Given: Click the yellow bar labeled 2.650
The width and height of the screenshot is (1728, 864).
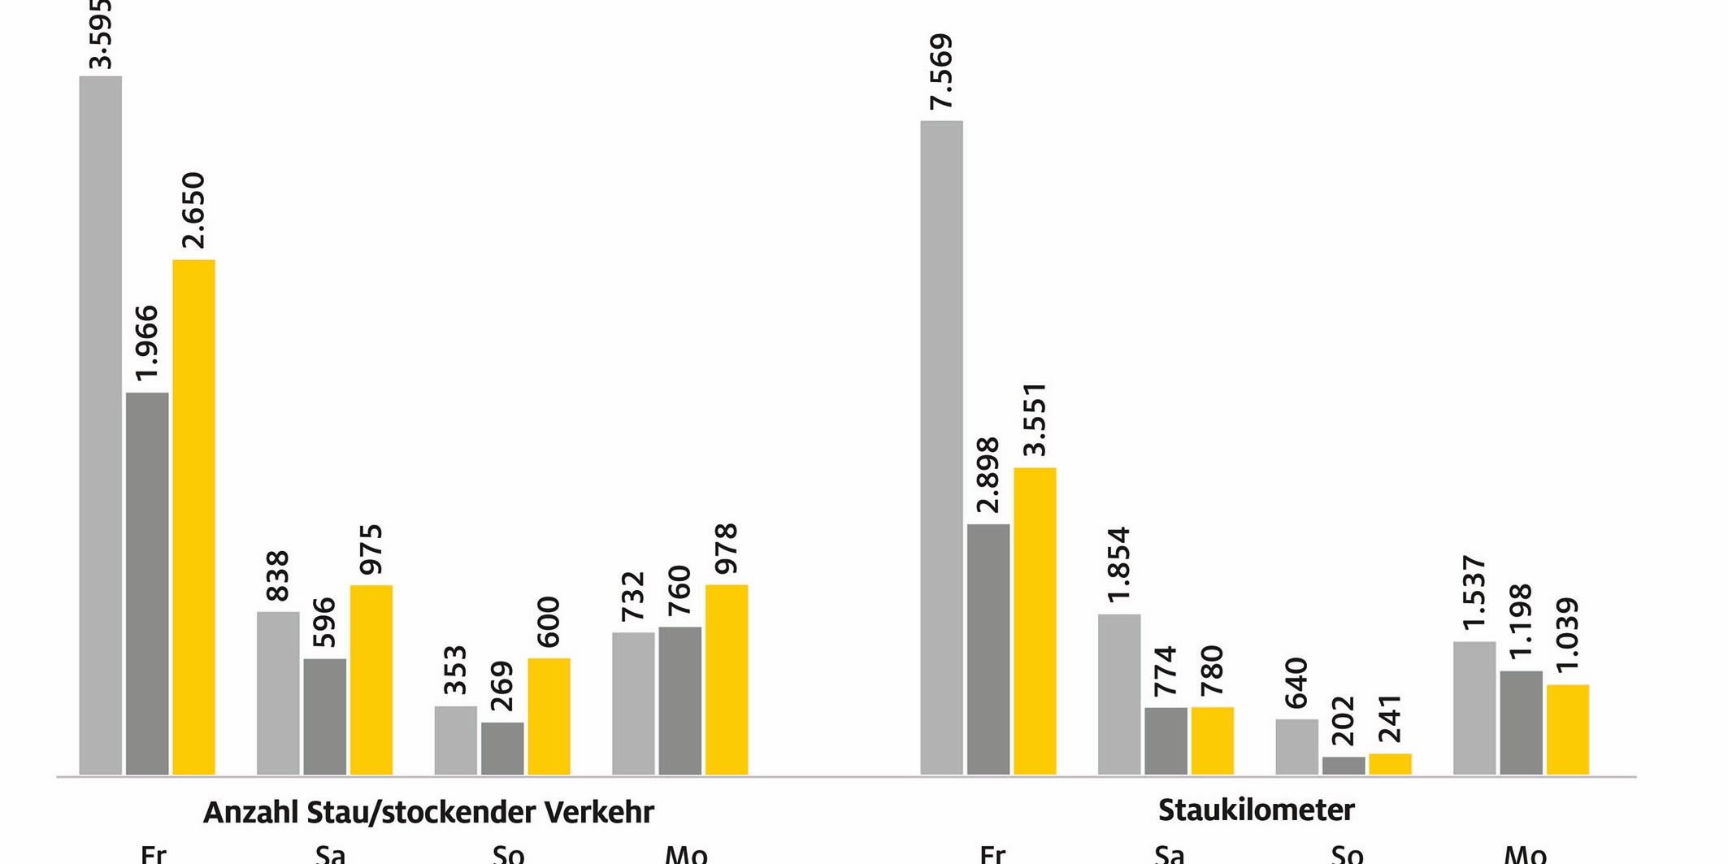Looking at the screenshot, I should pos(193,517).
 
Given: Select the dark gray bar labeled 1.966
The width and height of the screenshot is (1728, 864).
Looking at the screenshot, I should pos(147,584).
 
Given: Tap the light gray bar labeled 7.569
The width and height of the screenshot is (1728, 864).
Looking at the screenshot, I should pos(941,448).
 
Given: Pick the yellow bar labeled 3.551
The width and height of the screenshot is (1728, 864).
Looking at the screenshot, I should pos(1035,621).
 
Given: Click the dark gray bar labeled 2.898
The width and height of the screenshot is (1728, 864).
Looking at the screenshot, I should pos(988,649).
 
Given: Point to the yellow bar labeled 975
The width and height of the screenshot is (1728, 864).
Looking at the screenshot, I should pos(371,679).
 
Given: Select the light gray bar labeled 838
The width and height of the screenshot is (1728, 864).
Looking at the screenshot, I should pos(278,693).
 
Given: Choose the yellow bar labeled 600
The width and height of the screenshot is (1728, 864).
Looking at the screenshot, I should pos(549,716).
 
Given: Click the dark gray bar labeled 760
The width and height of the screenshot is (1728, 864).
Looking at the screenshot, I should pos(679,701).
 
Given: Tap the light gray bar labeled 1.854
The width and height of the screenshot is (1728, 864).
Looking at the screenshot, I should pos(1119,694).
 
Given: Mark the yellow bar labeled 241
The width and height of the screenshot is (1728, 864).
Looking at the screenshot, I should pos(1390,764).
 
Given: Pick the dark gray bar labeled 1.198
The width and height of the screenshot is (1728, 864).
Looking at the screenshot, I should pos(1521,723).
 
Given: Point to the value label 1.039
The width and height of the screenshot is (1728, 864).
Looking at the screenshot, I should pos(1567,634).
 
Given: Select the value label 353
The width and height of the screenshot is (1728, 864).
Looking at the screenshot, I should pos(455,670).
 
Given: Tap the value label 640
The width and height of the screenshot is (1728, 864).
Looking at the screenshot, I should pos(1296,683).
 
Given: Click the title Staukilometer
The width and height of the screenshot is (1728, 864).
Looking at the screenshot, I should pos(1256,810).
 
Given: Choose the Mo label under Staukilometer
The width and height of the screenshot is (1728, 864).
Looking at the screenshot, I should pos(1525,854).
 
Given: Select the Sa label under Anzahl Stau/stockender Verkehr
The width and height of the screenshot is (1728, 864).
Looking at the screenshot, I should pos(330,854).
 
